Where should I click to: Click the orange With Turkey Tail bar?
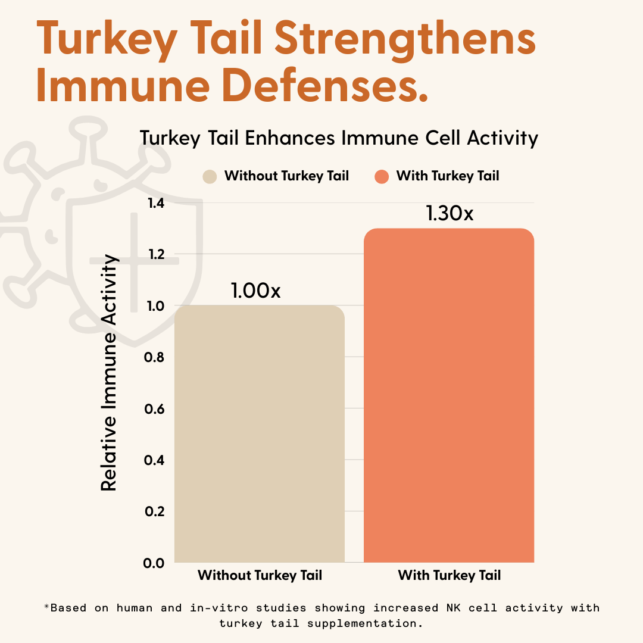pyautogui.click(x=448, y=395)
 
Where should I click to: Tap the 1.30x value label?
pyautogui.click(x=450, y=213)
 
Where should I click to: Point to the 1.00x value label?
pyautogui.click(x=255, y=291)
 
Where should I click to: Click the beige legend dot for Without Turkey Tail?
pyautogui.click(x=210, y=176)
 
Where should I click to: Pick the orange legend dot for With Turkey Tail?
pyautogui.click(x=382, y=176)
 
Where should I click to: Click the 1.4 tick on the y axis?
pyautogui.click(x=156, y=203)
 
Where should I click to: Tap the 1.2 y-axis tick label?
pyautogui.click(x=156, y=255)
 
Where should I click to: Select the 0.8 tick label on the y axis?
pyautogui.click(x=156, y=357)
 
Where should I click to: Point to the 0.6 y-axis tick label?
pyautogui.click(x=156, y=409)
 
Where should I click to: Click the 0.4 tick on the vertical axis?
pyautogui.click(x=156, y=460)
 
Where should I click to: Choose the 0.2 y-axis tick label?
pyautogui.click(x=156, y=511)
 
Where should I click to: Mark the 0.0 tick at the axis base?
pyautogui.click(x=156, y=563)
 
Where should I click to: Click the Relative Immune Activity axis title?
pyautogui.click(x=109, y=372)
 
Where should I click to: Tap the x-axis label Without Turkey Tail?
pyautogui.click(x=260, y=576)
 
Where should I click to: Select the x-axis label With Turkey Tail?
pyautogui.click(x=449, y=576)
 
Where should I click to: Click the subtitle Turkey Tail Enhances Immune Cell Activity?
pyautogui.click(x=339, y=138)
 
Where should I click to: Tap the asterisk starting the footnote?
pyautogui.click(x=46, y=607)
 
